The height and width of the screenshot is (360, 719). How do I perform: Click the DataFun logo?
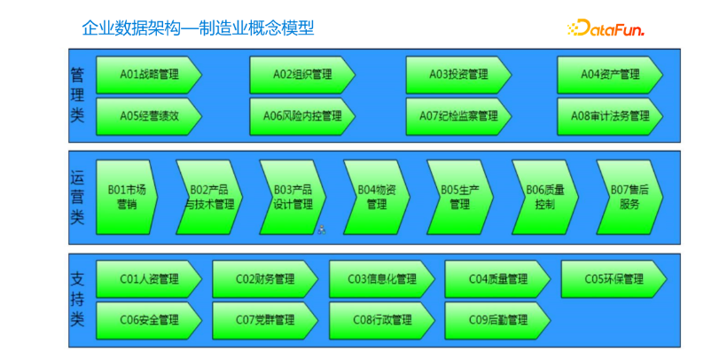tap(606, 27)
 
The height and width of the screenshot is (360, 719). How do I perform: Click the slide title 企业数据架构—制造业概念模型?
tap(198, 27)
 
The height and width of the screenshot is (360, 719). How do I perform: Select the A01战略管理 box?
tap(149, 74)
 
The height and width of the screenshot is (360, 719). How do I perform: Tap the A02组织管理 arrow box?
tap(302, 74)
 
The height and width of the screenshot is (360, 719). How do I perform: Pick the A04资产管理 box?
tap(610, 74)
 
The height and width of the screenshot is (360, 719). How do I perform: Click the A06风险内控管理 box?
tap(302, 116)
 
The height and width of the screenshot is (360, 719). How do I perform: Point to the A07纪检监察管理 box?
tap(458, 116)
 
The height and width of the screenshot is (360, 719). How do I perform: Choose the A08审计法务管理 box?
tap(610, 116)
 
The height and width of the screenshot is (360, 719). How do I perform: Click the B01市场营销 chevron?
tap(127, 197)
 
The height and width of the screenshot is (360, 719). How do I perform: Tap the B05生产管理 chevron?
tap(460, 197)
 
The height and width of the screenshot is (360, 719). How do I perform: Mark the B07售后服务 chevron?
tap(629, 197)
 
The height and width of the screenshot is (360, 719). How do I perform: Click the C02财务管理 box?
tap(265, 279)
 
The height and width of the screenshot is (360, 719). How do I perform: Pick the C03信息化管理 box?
tap(382, 279)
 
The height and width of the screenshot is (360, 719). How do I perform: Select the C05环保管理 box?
tap(614, 279)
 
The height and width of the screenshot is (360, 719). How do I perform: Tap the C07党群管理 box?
tap(265, 321)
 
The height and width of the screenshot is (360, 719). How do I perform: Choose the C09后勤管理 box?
tap(497, 321)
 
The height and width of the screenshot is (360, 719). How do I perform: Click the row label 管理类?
tap(77, 95)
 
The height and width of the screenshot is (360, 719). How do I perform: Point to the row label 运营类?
tap(77, 197)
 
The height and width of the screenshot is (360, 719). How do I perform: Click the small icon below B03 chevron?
tap(322, 230)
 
